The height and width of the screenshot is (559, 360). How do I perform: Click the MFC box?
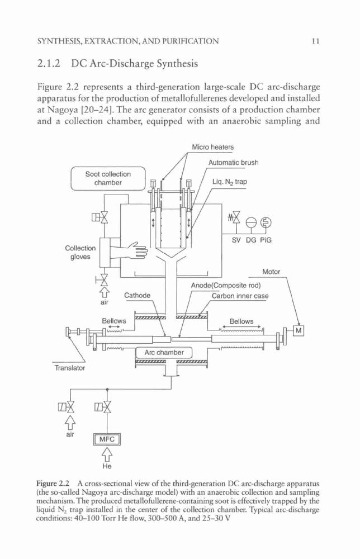[107, 439]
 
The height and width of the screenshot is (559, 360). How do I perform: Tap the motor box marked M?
[299, 331]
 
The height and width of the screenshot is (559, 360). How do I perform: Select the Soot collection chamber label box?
[108, 179]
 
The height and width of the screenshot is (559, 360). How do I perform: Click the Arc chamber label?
[164, 353]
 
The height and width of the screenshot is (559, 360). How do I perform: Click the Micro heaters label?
[213, 147]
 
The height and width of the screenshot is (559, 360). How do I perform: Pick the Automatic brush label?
[233, 163]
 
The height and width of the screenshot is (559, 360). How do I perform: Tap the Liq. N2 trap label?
[230, 182]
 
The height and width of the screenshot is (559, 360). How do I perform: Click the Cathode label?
[137, 296]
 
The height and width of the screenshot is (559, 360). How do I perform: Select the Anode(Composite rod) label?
[226, 286]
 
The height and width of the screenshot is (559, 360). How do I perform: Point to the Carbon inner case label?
[240, 296]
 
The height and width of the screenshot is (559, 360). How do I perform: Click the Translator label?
[69, 368]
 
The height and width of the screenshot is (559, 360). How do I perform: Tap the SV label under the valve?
[236, 240]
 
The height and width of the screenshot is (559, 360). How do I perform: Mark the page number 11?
[315, 41]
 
